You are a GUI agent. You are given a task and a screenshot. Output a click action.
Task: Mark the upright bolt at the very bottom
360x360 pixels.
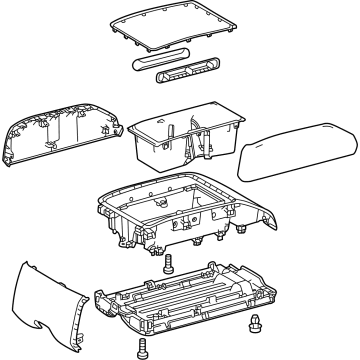coord(141,347)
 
